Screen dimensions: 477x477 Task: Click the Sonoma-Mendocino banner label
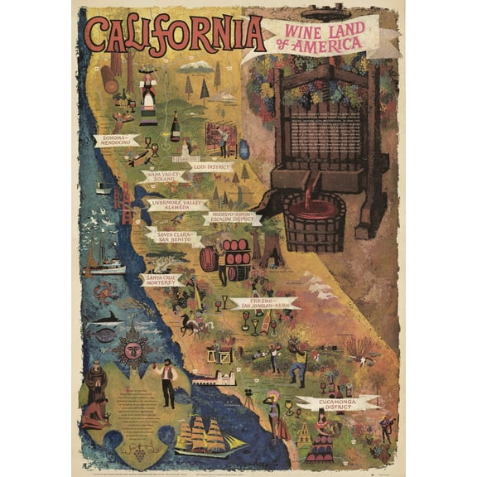click(114, 140)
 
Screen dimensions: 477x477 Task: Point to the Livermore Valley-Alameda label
click(176, 205)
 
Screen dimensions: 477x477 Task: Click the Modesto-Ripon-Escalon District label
click(232, 219)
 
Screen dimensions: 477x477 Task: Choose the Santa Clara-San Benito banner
click(172, 238)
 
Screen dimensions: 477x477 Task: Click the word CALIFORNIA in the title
click(174, 34)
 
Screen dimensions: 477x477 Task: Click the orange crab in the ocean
click(105, 291)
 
